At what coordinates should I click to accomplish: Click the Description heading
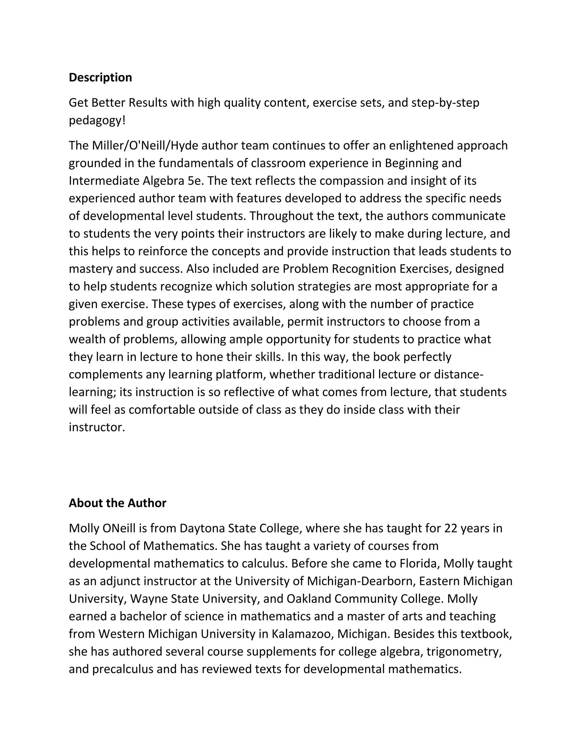[x=100, y=78]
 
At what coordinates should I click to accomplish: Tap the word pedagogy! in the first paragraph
[x=97, y=121]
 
